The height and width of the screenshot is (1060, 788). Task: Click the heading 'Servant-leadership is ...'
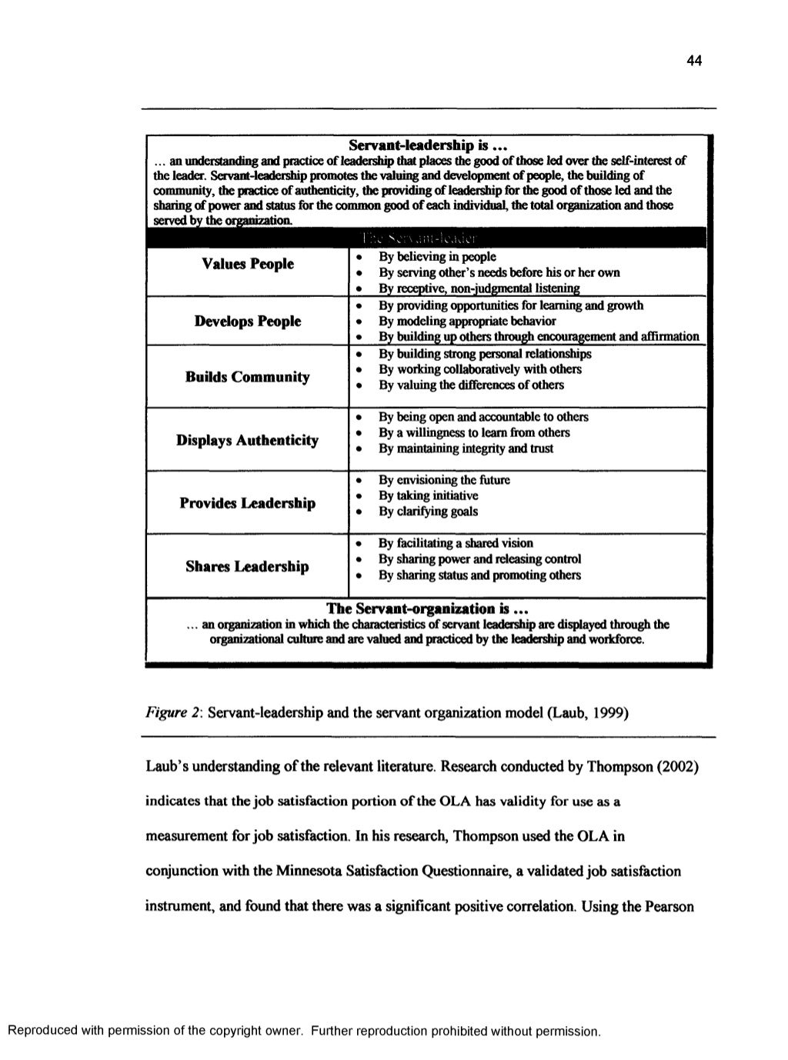click(x=426, y=145)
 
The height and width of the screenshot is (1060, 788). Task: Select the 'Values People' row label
click(x=247, y=264)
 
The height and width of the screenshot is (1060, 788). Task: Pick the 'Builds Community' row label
click(x=247, y=377)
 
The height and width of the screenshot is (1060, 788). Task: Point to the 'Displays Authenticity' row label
click(x=247, y=440)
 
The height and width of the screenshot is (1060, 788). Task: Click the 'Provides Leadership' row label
click(x=247, y=503)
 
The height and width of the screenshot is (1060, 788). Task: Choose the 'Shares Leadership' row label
click(x=247, y=567)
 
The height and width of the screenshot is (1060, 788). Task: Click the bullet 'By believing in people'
click(x=437, y=257)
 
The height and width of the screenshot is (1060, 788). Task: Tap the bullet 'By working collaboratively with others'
click(x=479, y=369)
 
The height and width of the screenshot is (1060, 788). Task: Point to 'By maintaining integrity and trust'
click(x=466, y=448)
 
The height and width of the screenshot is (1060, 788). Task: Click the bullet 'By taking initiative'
click(x=428, y=495)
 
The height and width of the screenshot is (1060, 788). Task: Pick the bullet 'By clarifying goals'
click(x=428, y=512)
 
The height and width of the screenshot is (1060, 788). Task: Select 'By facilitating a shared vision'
click(x=456, y=543)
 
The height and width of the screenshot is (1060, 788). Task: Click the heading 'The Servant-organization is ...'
click(x=426, y=609)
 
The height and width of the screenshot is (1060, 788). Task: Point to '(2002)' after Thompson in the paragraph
click(x=677, y=767)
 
